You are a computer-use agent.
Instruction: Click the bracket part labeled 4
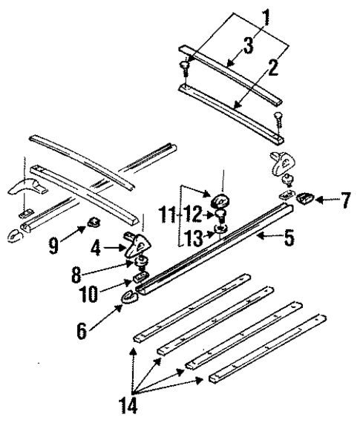(x=137, y=242)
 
